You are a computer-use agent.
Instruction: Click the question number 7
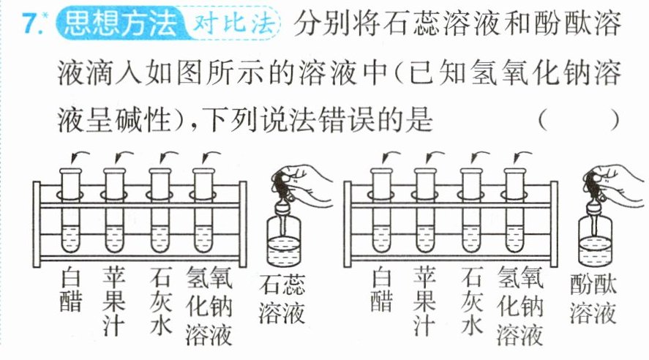click(x=31, y=23)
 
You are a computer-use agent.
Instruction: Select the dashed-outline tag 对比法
click(x=234, y=23)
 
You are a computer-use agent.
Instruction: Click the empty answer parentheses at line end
click(x=579, y=121)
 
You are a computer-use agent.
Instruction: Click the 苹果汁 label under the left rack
click(x=114, y=301)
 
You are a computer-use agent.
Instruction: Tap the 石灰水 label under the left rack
click(x=160, y=301)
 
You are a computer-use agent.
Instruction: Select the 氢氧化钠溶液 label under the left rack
click(x=209, y=306)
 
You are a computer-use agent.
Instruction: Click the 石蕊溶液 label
click(x=282, y=299)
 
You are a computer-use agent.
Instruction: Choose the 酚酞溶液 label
click(x=593, y=299)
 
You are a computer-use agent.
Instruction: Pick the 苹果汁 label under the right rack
click(x=424, y=301)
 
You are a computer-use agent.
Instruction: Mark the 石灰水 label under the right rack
click(x=472, y=301)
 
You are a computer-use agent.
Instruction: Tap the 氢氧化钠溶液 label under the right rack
click(x=520, y=306)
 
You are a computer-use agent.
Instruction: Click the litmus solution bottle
click(x=284, y=240)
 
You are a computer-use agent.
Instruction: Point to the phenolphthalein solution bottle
click(x=595, y=240)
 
